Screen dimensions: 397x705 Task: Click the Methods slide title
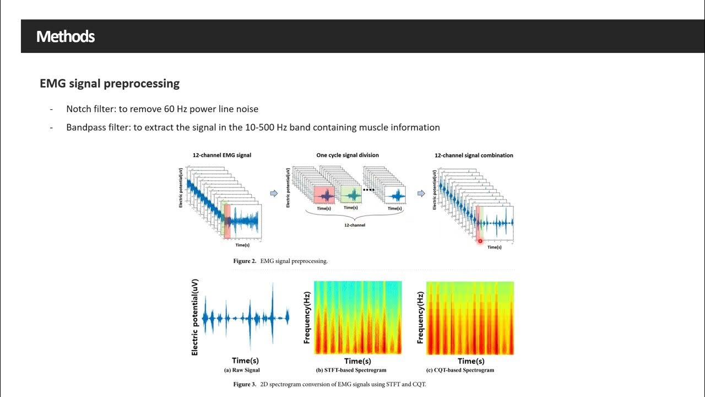click(x=66, y=37)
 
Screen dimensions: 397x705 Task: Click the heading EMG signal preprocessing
click(x=110, y=84)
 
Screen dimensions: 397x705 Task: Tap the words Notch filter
click(x=90, y=109)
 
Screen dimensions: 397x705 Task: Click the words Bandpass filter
click(x=97, y=127)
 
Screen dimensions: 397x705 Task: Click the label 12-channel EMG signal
click(x=222, y=155)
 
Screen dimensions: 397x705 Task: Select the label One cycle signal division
click(x=348, y=155)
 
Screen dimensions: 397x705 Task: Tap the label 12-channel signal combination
click(x=474, y=155)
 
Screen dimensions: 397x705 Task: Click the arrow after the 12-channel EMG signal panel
click(x=273, y=194)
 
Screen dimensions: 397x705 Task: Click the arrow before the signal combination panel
click(x=421, y=194)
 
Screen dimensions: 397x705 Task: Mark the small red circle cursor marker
click(x=480, y=241)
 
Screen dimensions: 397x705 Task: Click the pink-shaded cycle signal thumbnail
click(x=324, y=195)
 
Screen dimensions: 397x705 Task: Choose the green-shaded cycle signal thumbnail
click(x=350, y=195)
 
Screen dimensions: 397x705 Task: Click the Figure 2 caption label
click(x=245, y=261)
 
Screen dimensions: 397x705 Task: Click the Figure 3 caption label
click(x=245, y=384)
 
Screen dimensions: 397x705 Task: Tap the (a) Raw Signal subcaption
click(x=242, y=371)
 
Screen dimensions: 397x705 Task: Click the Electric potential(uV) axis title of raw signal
click(x=195, y=317)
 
